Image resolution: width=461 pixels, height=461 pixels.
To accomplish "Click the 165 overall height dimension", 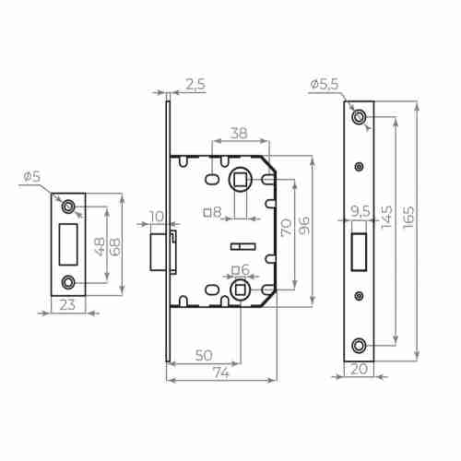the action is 408,217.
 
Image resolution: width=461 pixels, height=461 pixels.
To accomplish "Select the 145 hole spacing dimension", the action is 386,217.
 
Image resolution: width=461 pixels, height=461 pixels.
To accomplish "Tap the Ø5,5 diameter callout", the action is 325,84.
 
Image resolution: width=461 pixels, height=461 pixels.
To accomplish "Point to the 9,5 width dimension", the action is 361,211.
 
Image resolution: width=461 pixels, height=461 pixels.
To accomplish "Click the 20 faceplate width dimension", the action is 359,369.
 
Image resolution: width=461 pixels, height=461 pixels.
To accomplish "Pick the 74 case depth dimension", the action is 221,372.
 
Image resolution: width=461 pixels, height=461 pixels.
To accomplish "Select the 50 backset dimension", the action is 204,356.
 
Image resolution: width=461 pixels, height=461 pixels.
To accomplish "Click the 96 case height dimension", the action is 304,225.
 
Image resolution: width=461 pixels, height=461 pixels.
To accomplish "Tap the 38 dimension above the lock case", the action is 239,133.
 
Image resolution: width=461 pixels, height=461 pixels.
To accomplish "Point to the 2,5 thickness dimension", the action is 195,84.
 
